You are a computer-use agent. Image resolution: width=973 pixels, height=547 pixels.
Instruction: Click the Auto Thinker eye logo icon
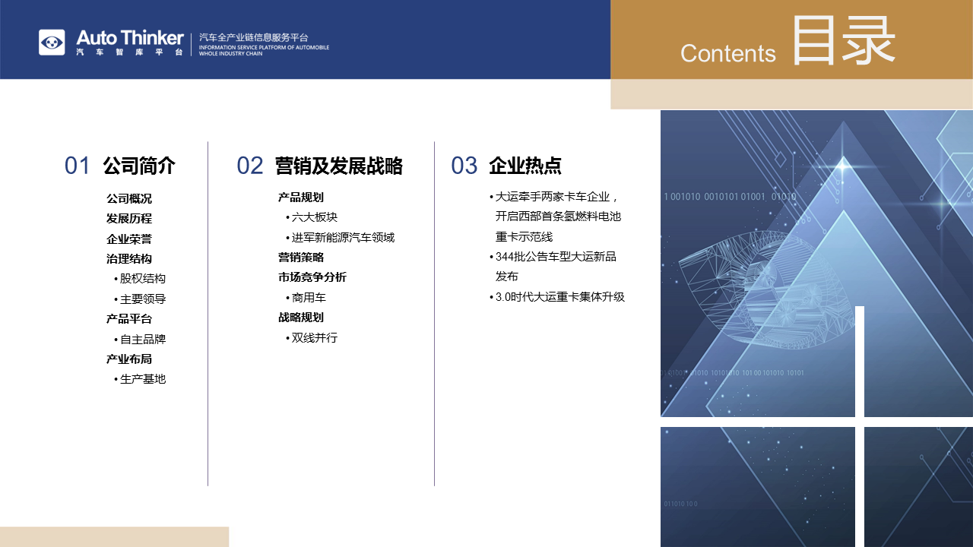click(x=52, y=43)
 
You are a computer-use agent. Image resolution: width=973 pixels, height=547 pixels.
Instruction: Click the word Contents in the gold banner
click(x=728, y=53)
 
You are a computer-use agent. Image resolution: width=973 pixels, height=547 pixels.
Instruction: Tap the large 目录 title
click(x=844, y=40)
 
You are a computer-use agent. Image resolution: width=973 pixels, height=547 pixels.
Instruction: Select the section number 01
click(x=77, y=166)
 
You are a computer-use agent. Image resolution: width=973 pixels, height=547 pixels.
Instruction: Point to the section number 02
click(x=250, y=166)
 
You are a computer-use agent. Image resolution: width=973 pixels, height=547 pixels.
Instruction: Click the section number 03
click(x=464, y=166)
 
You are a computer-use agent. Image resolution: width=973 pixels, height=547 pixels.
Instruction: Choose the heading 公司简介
click(x=139, y=166)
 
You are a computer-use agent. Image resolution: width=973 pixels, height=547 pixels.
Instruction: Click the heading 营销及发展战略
click(x=339, y=166)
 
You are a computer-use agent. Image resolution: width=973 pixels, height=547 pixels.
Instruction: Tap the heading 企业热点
click(x=525, y=166)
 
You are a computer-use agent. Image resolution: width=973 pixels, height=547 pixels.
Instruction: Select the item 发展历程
click(x=129, y=218)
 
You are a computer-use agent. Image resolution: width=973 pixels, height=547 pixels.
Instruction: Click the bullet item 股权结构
click(x=140, y=279)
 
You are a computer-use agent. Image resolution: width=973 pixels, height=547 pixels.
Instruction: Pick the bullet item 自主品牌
click(x=140, y=339)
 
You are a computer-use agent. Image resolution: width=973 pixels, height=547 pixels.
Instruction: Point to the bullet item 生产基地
click(x=140, y=379)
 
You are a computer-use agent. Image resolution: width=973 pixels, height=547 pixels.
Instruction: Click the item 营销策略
click(x=301, y=258)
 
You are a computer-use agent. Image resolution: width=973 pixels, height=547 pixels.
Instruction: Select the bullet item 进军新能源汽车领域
click(x=340, y=238)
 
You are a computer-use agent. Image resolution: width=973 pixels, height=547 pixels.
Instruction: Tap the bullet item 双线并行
click(x=312, y=338)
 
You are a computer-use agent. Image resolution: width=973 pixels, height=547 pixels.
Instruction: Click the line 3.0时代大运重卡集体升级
click(x=557, y=297)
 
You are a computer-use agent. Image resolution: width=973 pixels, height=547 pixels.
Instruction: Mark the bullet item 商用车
click(x=306, y=298)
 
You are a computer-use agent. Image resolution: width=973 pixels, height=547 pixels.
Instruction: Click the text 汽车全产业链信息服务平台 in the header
click(x=254, y=37)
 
